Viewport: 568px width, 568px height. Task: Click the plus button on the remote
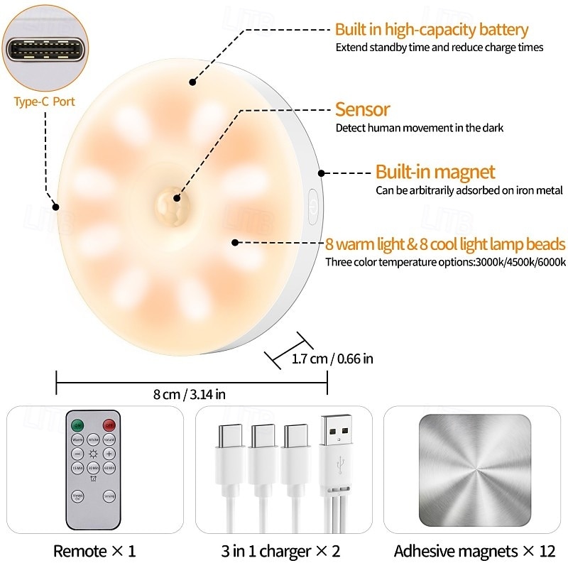[109, 454]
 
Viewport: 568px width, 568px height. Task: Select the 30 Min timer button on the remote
[93, 469]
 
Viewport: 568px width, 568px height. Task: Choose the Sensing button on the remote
[109, 496]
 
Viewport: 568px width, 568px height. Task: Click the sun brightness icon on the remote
[93, 454]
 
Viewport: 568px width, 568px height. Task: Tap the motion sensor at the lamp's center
[171, 201]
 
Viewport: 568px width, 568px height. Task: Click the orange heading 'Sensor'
[362, 110]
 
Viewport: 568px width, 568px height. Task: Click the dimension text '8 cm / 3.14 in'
[191, 395]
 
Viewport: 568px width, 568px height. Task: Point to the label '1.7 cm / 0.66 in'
[332, 359]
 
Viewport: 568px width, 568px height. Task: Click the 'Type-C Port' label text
[44, 102]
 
